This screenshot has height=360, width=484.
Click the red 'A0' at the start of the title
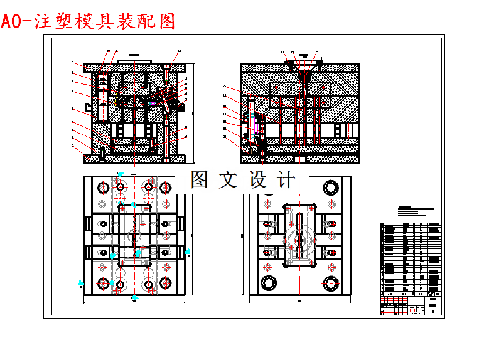tap(11, 22)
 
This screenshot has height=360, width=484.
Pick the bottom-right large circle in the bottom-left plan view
tap(166, 283)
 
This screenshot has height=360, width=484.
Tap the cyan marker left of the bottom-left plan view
tap(80, 283)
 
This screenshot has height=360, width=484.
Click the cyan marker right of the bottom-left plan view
tap(188, 251)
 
